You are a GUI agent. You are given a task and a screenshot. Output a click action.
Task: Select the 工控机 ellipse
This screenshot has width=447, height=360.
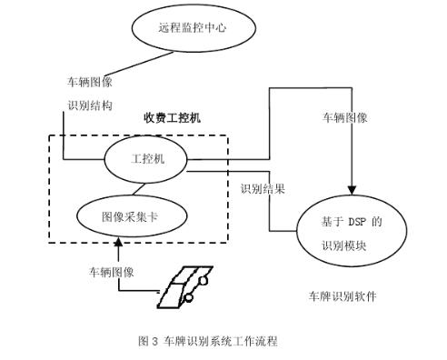click(145, 158)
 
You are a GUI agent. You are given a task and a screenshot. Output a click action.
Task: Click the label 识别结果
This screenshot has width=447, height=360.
click(263, 190)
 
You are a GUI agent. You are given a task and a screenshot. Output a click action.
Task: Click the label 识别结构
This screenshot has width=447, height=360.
click(90, 105)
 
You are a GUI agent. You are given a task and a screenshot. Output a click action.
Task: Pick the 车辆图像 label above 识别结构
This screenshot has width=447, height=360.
click(90, 80)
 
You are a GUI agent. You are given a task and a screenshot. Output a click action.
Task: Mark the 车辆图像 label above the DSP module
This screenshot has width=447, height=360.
click(346, 118)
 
